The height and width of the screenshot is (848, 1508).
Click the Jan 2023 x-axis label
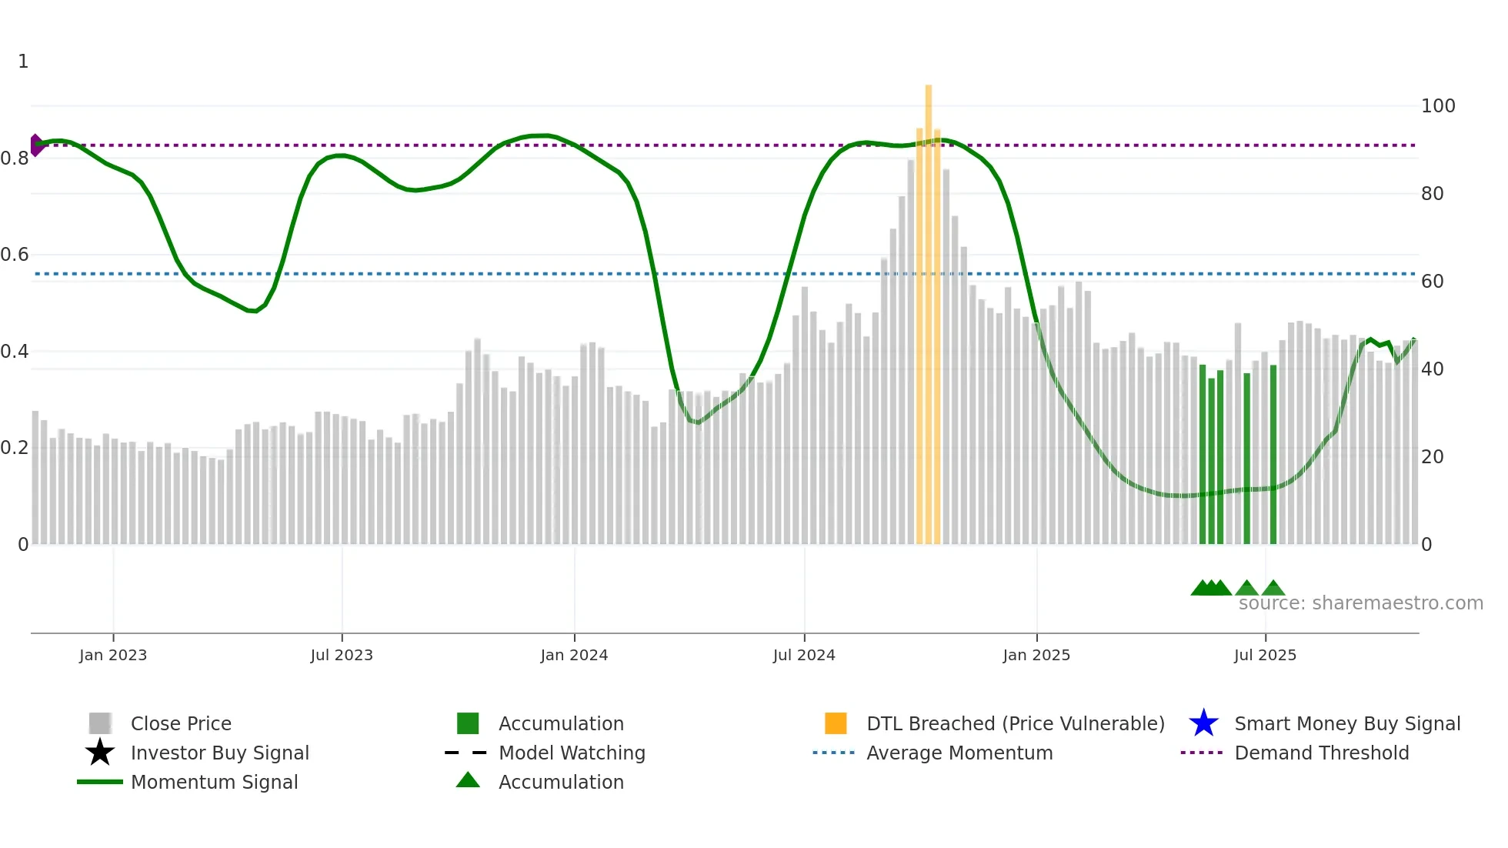pos(112,655)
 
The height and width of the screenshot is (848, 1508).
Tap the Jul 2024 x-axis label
pos(804,655)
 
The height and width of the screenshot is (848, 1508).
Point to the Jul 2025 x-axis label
pos(1265,655)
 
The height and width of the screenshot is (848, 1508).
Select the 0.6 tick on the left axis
pos(15,255)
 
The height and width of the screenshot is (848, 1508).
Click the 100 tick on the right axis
pos(1437,106)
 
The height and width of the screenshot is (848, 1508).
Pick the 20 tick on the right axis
pos(1432,457)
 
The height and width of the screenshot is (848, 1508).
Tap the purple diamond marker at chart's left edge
pos(35,145)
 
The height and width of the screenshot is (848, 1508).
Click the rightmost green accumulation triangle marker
pos(1273,589)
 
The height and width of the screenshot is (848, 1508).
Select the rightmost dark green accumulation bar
pos(1273,454)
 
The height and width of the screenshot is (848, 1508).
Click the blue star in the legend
pos(1203,723)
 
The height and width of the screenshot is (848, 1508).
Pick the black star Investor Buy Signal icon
pos(100,753)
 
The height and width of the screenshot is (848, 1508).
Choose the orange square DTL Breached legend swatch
pos(836,723)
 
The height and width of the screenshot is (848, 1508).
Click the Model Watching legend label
pos(572,753)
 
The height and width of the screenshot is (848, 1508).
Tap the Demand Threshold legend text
pos(1321,753)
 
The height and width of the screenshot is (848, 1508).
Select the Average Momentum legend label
pos(959,753)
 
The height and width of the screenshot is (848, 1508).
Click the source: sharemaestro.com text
pos(1360,603)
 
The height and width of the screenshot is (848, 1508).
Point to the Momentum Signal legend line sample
pos(100,782)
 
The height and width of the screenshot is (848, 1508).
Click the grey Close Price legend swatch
pos(100,723)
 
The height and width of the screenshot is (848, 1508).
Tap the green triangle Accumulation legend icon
pos(468,781)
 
